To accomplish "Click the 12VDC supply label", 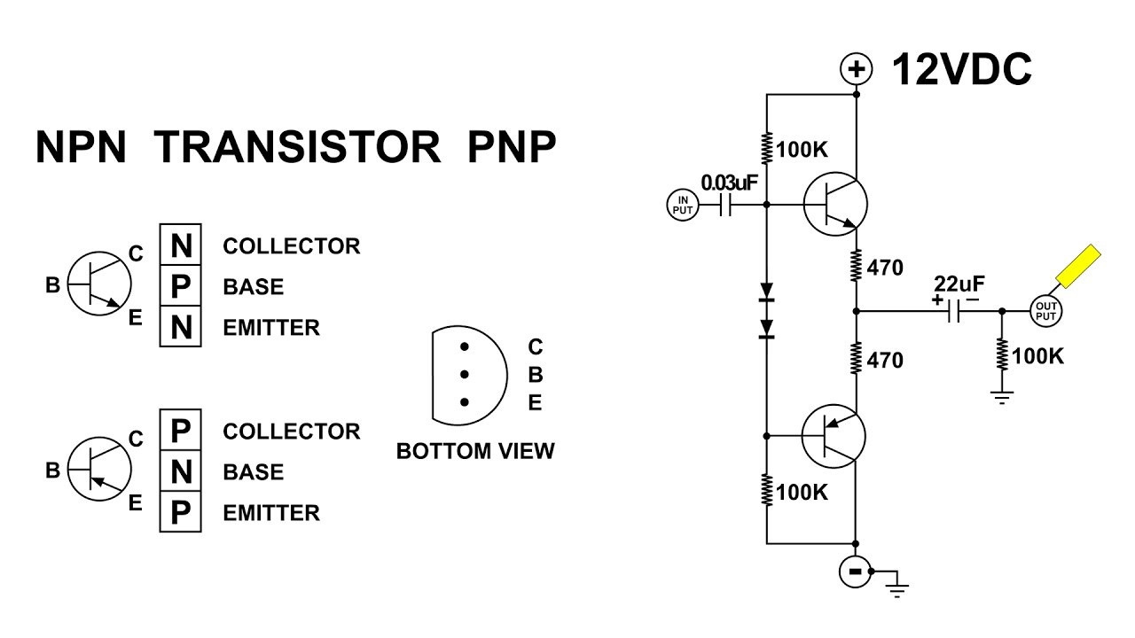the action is (961, 69).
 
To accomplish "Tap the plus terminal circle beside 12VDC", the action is (857, 69).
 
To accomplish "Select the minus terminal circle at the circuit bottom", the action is (856, 572).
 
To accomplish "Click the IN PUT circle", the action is (683, 205).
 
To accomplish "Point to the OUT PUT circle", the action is (1045, 311).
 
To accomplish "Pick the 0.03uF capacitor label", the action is (729, 183).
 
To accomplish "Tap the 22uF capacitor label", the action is (959, 284).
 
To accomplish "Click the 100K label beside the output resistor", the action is (1037, 356).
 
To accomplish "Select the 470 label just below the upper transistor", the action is (885, 268).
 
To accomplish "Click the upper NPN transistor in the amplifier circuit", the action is (835, 204).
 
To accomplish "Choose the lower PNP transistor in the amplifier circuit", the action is (834, 436).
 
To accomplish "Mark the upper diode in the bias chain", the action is (767, 292).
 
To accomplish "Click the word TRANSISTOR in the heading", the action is (297, 147).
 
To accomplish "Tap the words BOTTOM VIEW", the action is (475, 451).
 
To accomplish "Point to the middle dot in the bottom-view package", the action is (464, 375).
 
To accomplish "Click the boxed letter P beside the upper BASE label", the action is (180, 286).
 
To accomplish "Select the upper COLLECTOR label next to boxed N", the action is (292, 246).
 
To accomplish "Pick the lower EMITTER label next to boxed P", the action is (271, 513).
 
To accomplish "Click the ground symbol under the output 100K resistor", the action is (1002, 398).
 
